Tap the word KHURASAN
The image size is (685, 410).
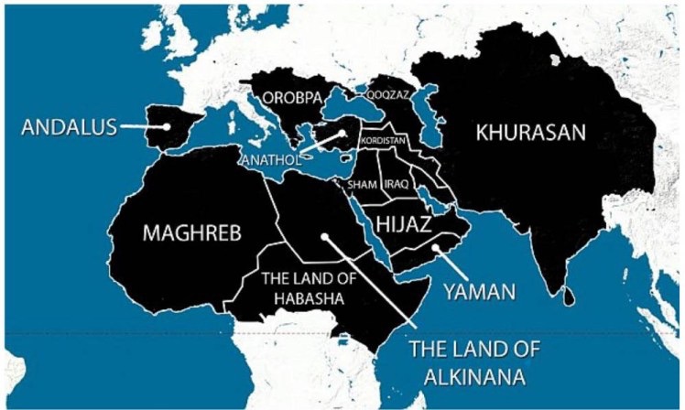[x=530, y=133]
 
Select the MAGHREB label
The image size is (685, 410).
[x=191, y=233]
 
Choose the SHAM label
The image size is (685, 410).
[x=362, y=184]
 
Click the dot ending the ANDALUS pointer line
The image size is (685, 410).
[x=168, y=127]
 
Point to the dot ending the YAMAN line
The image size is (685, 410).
[x=436, y=246]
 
